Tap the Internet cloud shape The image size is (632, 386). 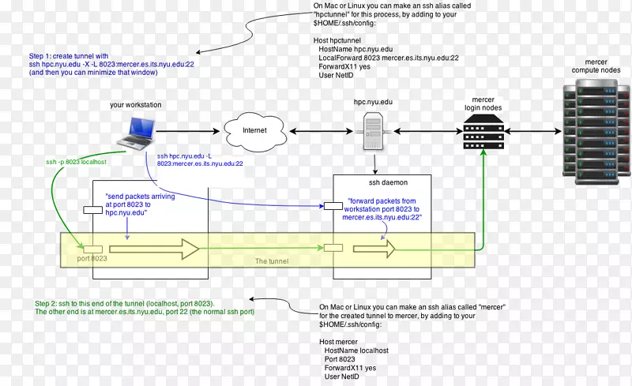[x=254, y=130]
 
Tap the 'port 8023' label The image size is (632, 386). [x=92, y=258]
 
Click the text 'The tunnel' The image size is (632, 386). [x=271, y=260]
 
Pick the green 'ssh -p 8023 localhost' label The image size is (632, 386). [x=76, y=162]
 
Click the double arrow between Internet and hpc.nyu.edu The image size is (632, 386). [x=322, y=130]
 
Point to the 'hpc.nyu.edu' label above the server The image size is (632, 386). [x=374, y=103]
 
